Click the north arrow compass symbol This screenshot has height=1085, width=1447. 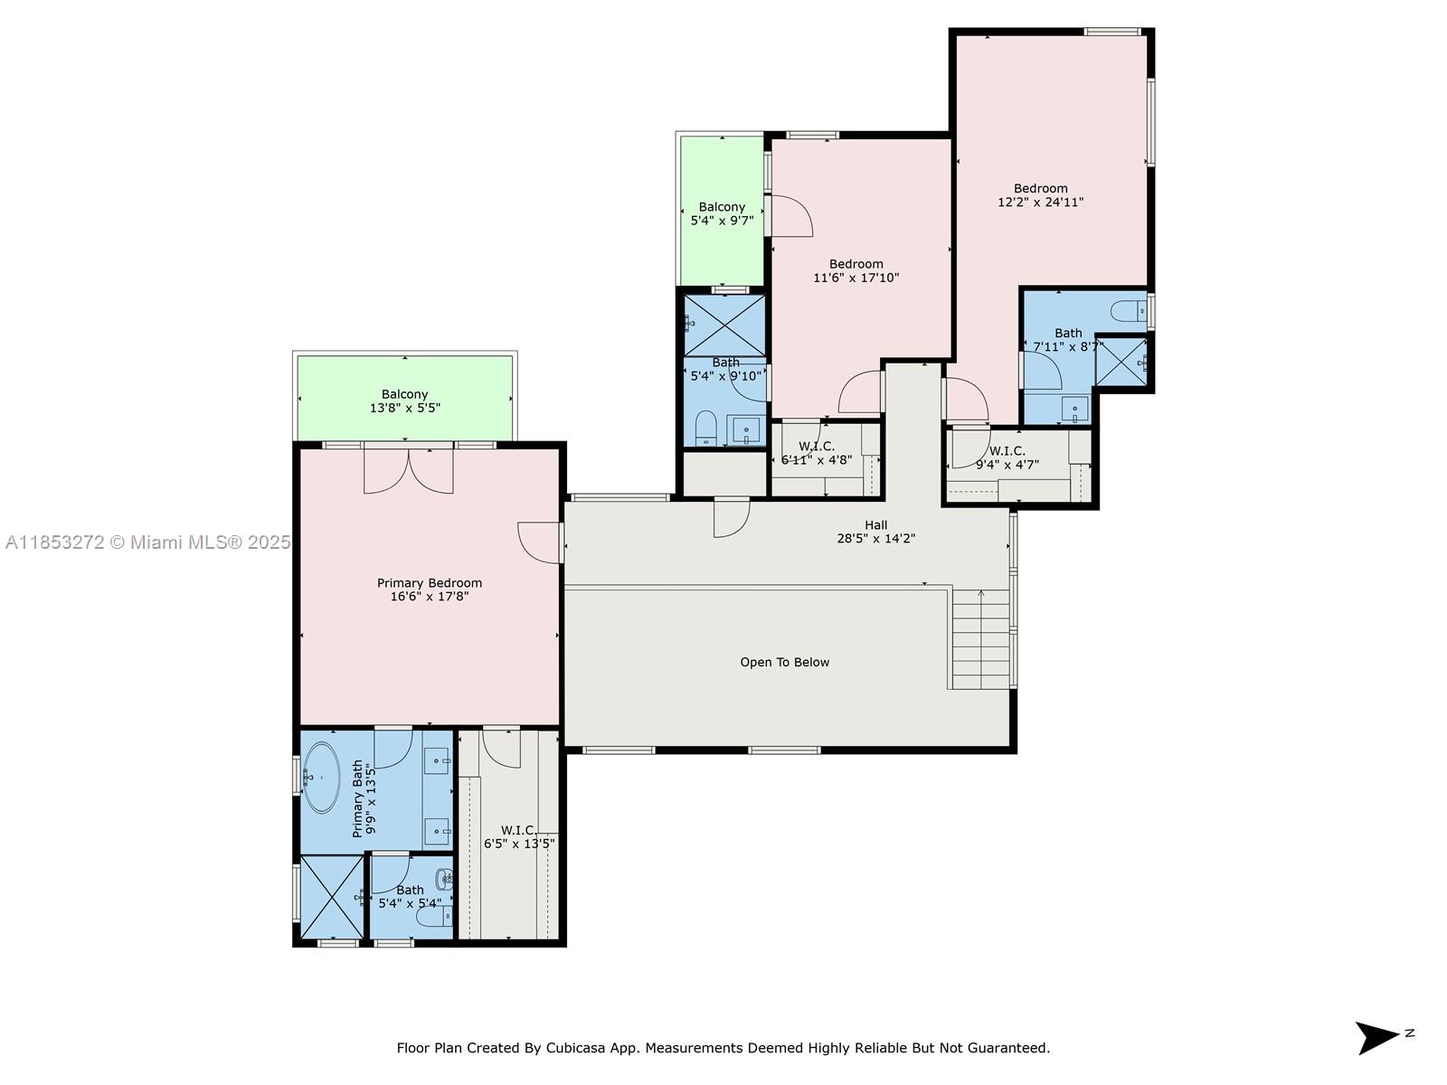pyautogui.click(x=1376, y=1037)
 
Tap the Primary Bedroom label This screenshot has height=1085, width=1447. pyautogui.click(x=430, y=583)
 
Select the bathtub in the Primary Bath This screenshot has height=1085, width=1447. pyautogui.click(x=320, y=777)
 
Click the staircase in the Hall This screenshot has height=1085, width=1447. pyautogui.click(x=980, y=638)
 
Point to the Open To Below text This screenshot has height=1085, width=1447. pyautogui.click(x=784, y=663)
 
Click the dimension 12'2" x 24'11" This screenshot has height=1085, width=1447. pyautogui.click(x=1040, y=203)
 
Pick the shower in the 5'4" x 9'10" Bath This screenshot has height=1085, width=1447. pyautogui.click(x=724, y=325)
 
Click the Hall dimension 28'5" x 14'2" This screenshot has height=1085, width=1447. pyautogui.click(x=875, y=539)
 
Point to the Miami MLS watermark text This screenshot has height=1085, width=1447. pyautogui.click(x=147, y=542)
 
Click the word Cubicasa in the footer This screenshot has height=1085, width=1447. pyautogui.click(x=575, y=1049)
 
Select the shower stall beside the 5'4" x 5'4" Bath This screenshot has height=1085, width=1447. pyautogui.click(x=331, y=897)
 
